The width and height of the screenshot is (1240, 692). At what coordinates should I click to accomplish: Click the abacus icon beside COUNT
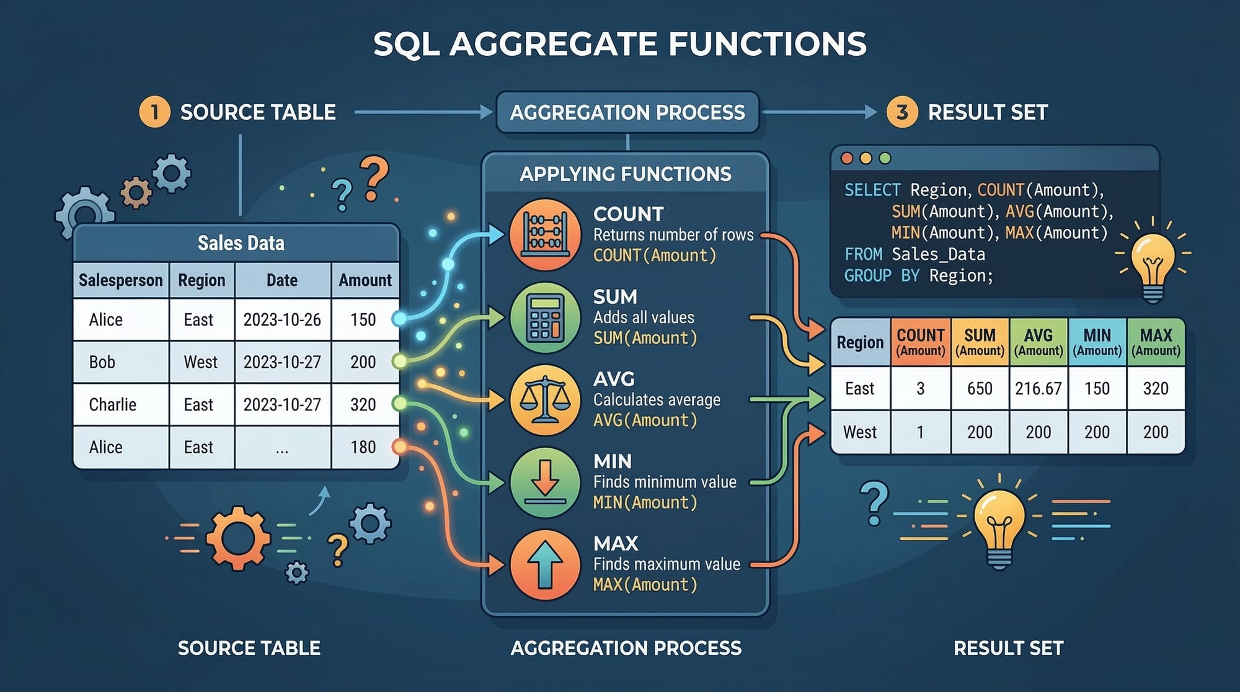[x=545, y=234]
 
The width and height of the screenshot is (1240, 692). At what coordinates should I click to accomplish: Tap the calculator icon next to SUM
[x=545, y=317]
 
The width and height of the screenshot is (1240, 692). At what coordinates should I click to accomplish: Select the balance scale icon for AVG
[x=545, y=399]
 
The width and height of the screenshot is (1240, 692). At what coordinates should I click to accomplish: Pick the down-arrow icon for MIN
[x=545, y=482]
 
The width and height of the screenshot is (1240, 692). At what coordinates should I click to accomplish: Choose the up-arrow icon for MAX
[x=545, y=564]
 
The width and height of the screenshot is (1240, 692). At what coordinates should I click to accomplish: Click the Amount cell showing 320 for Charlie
[x=363, y=404]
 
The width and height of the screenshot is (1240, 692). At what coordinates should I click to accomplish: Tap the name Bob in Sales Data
[x=102, y=362]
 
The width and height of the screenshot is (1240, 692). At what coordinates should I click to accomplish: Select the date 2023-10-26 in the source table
[x=282, y=320]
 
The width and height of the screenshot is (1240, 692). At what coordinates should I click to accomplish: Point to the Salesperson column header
[x=121, y=280]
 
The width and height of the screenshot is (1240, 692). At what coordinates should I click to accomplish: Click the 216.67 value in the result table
[x=1038, y=389]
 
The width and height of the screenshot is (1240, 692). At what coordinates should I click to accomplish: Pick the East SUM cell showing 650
[x=980, y=389]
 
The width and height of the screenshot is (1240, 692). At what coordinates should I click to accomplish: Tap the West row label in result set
[x=860, y=432]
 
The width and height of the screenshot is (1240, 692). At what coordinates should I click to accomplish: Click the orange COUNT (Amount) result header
[x=921, y=342]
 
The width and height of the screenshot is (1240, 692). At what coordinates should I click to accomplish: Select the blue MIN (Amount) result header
[x=1097, y=342]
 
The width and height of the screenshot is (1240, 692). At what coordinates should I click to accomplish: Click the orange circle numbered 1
[x=154, y=112]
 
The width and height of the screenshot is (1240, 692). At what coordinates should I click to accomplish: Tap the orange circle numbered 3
[x=902, y=112]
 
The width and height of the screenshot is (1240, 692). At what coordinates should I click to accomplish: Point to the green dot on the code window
[x=885, y=158]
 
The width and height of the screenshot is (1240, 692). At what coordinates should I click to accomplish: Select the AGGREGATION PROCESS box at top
[x=627, y=112]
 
